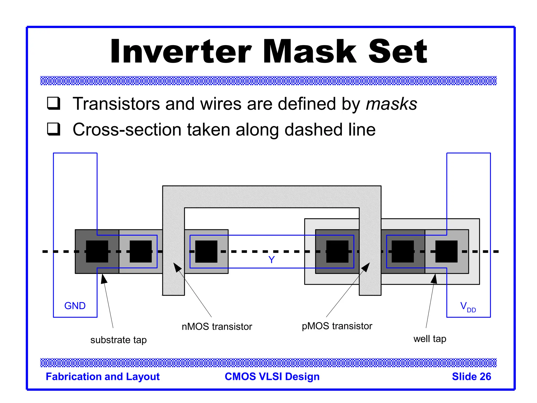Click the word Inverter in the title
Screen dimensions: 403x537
[181, 51]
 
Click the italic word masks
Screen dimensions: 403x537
[391, 104]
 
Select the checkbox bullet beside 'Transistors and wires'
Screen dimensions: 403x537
[54, 103]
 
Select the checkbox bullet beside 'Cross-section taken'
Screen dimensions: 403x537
[54, 129]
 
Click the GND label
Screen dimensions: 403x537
[75, 306]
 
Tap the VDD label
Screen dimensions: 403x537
[468, 306]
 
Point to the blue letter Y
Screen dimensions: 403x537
[271, 260]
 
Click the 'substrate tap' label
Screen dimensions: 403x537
[119, 340]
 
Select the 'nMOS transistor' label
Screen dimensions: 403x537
[217, 327]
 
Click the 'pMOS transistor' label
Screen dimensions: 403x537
[337, 326]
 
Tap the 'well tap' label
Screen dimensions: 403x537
[430, 339]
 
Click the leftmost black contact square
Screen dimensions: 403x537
[97, 251]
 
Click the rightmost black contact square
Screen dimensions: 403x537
[446, 251]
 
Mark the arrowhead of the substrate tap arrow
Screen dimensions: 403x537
[104, 278]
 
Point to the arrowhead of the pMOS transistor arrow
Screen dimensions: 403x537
[366, 267]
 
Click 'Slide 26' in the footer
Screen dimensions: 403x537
[471, 377]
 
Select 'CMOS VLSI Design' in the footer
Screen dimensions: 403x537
[272, 377]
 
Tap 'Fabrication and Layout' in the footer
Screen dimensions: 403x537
[103, 377]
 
